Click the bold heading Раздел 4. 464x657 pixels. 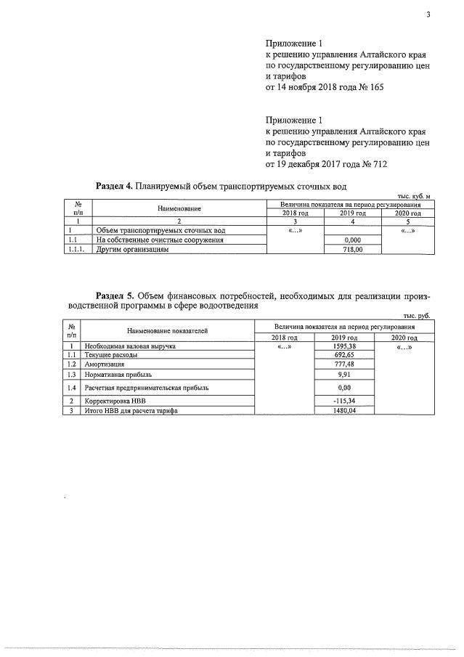point(114,186)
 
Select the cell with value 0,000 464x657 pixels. point(352,240)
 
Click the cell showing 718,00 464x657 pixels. point(352,249)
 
